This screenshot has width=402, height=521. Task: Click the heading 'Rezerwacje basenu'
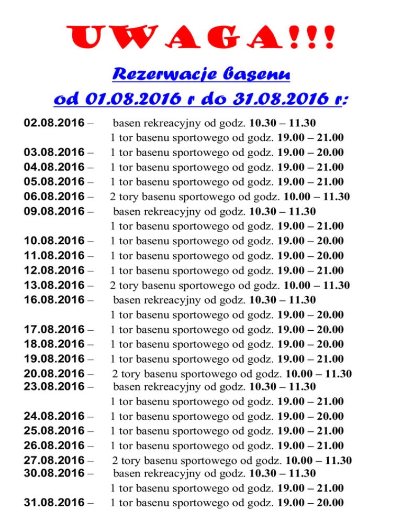pos(201,75)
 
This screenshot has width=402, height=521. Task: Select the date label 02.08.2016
pos(54,123)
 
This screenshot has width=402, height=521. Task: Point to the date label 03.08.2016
pos(54,153)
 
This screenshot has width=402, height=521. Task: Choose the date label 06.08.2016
pos(54,197)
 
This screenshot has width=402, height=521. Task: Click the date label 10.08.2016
pos(54,241)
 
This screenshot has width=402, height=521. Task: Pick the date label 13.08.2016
pos(54,285)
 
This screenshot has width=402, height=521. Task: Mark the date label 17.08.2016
pos(54,329)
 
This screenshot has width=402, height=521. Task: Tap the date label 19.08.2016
pos(54,359)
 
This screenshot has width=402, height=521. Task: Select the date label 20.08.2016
pos(54,373)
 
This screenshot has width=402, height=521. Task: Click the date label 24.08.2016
pos(54,416)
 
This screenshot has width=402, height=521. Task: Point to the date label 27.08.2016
pos(54,460)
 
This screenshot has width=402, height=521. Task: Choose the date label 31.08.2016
pos(54,502)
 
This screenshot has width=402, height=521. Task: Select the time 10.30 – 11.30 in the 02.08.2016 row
pos(282,123)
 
